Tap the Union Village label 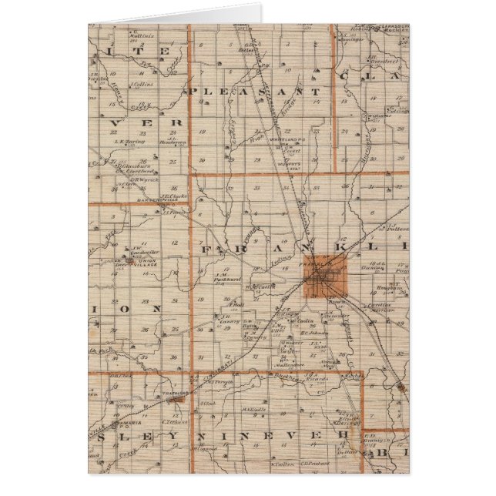[x=140, y=264]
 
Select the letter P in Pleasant [x=193, y=91]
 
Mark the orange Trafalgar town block [x=176, y=400]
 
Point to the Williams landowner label [x=377, y=118]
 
